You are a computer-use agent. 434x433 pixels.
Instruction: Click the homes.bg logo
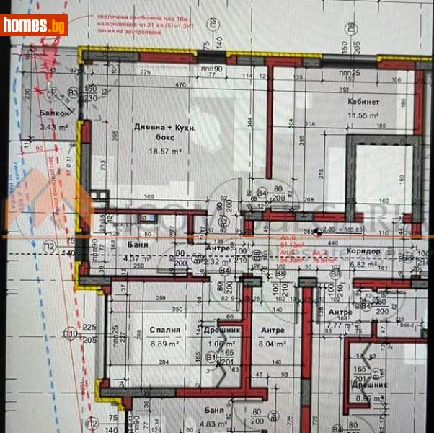click(34, 25)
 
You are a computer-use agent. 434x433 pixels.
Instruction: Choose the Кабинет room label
click(362, 102)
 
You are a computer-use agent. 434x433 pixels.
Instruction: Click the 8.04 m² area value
click(271, 345)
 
